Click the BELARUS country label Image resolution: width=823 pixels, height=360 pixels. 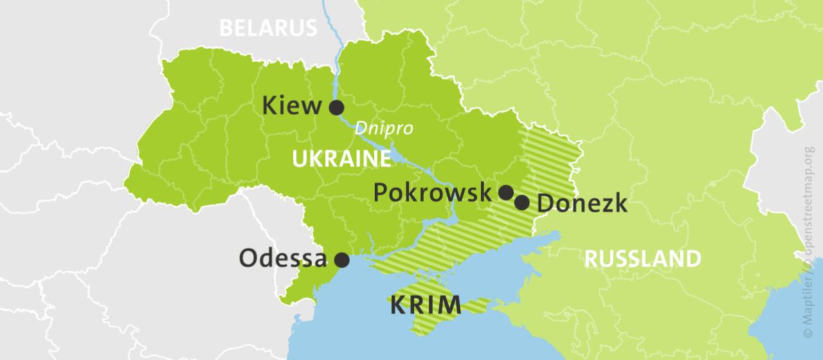[269, 28]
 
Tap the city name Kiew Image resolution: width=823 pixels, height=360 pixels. [292, 105]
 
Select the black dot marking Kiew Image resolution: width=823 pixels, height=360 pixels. [336, 107]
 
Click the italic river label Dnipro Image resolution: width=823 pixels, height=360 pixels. [383, 129]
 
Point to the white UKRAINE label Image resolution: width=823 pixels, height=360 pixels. [341, 159]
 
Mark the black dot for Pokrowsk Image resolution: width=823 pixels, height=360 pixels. [506, 192]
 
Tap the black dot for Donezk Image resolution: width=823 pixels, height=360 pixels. [522, 203]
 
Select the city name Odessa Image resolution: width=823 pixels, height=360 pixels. [284, 258]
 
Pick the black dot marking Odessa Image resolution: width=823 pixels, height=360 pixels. [342, 260]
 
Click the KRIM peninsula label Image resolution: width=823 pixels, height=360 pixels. [426, 305]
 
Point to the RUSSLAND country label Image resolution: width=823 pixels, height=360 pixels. [642, 259]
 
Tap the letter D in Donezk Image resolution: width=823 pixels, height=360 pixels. [545, 204]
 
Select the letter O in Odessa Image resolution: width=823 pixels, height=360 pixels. [249, 258]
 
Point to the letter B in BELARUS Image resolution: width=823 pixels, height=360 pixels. [226, 28]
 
